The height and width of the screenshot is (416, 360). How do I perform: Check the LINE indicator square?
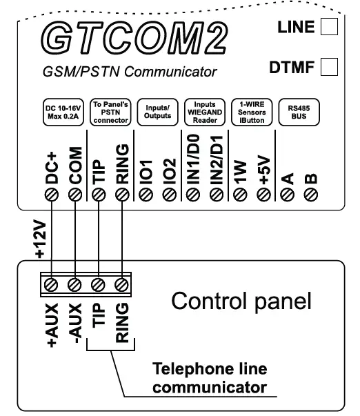pyautogui.click(x=330, y=28)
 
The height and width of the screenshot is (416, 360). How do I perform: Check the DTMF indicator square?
pyautogui.click(x=330, y=68)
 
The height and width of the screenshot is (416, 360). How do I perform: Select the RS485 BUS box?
pyautogui.click(x=297, y=113)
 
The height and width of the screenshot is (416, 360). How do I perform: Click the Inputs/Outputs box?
pyautogui.click(x=155, y=113)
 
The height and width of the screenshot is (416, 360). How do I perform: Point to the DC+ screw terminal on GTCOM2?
pyautogui.click(x=51, y=195)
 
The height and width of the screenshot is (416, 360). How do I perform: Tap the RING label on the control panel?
pyautogui.click(x=122, y=322)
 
